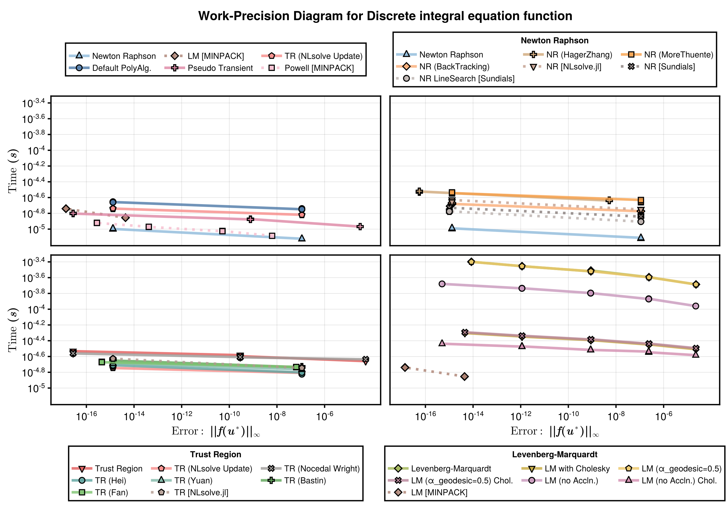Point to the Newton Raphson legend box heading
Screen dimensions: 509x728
click(554, 41)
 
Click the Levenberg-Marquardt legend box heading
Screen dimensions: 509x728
click(554, 454)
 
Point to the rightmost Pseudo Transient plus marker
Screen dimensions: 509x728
click(360, 226)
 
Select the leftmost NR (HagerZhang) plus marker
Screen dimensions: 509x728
click(419, 191)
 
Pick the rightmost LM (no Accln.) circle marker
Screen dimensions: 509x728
click(696, 306)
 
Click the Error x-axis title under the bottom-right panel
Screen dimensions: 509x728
click(554, 431)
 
